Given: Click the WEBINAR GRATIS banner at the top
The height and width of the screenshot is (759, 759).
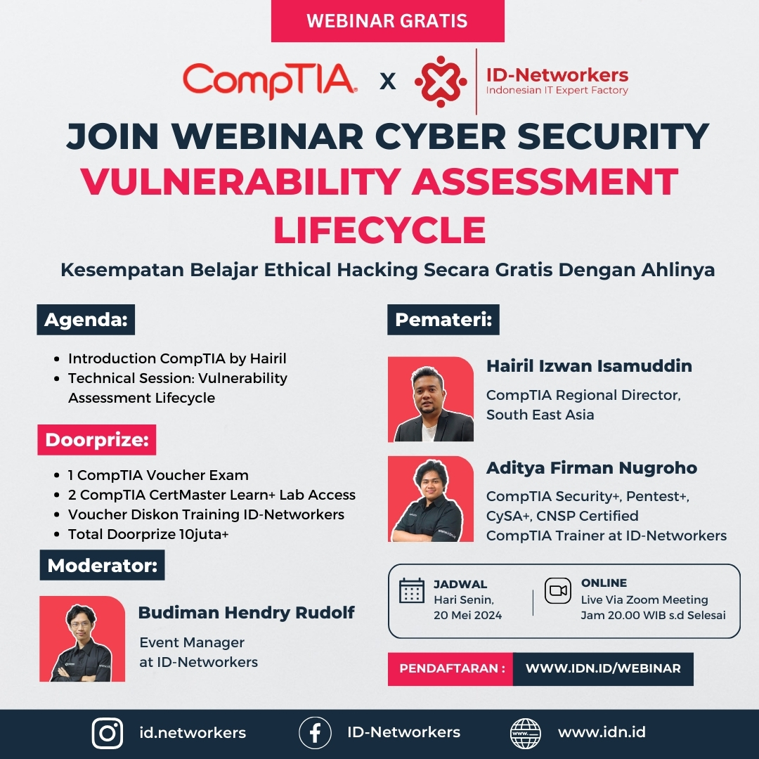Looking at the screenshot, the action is pyautogui.click(x=387, y=21).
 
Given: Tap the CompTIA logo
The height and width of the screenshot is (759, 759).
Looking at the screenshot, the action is pyautogui.click(x=270, y=81).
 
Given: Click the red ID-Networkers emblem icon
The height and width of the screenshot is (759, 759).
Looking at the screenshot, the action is pyautogui.click(x=441, y=82).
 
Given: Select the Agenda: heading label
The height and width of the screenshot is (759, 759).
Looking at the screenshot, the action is pyautogui.click(x=86, y=320).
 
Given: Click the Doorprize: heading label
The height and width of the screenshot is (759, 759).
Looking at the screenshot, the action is pyautogui.click(x=97, y=439).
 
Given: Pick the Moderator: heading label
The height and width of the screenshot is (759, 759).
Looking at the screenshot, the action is pyautogui.click(x=102, y=565).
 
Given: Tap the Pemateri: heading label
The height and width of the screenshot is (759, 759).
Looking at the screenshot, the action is pyautogui.click(x=443, y=320).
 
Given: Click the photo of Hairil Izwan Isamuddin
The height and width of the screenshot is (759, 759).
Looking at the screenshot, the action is pyautogui.click(x=431, y=399).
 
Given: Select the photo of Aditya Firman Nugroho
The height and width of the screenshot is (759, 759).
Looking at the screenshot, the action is pyautogui.click(x=431, y=498).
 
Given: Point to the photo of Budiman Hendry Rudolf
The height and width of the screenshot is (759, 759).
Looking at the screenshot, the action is pyautogui.click(x=82, y=639).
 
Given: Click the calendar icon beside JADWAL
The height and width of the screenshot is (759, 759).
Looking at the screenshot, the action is pyautogui.click(x=412, y=590).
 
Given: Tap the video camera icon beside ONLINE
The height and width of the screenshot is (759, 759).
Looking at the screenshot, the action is pyautogui.click(x=558, y=590).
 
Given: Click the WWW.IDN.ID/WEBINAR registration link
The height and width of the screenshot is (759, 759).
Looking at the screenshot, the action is pyautogui.click(x=603, y=668).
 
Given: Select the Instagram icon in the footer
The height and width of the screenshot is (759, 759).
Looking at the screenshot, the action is pyautogui.click(x=108, y=733).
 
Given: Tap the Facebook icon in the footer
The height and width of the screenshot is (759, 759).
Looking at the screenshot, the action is pyautogui.click(x=315, y=733).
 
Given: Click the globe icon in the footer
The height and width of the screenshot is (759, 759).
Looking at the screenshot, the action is pyautogui.click(x=526, y=733).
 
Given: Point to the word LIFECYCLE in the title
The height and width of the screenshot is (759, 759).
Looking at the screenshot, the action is pyautogui.click(x=380, y=230).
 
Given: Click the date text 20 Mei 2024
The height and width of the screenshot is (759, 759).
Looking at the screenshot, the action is pyautogui.click(x=467, y=615).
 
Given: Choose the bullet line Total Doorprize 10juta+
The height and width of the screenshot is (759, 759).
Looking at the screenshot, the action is pyautogui.click(x=148, y=534).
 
